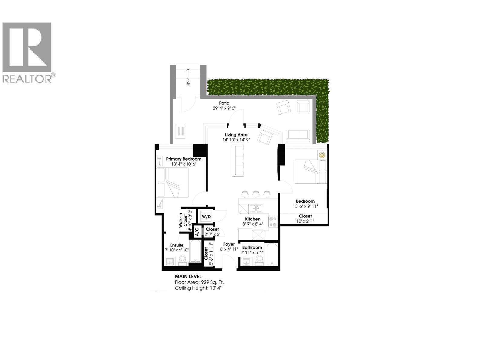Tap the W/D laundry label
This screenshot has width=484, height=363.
206,217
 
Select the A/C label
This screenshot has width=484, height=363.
197,232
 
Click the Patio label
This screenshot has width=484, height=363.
224,103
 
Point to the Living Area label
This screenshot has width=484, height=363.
236,135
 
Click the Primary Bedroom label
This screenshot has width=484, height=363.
184,159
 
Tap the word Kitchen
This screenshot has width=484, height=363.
253,219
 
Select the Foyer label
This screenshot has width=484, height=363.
229,244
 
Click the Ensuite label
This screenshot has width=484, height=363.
177,245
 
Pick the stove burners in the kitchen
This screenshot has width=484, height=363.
273,221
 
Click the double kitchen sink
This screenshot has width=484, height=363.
256,208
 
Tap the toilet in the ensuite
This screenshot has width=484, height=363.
183,259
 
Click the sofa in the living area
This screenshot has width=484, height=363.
238,160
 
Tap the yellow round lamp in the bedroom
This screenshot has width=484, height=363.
322,155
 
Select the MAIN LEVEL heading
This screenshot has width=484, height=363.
188,276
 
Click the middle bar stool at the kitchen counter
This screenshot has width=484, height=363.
256,194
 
